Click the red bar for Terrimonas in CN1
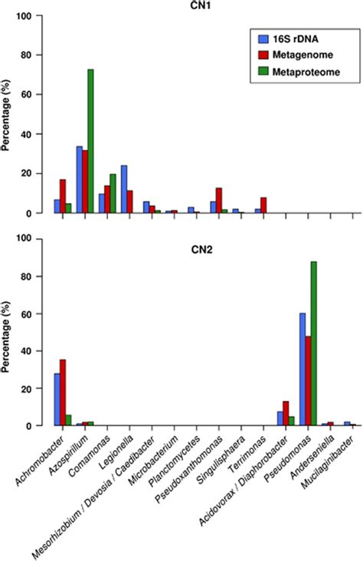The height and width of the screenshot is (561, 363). click(263, 205)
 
